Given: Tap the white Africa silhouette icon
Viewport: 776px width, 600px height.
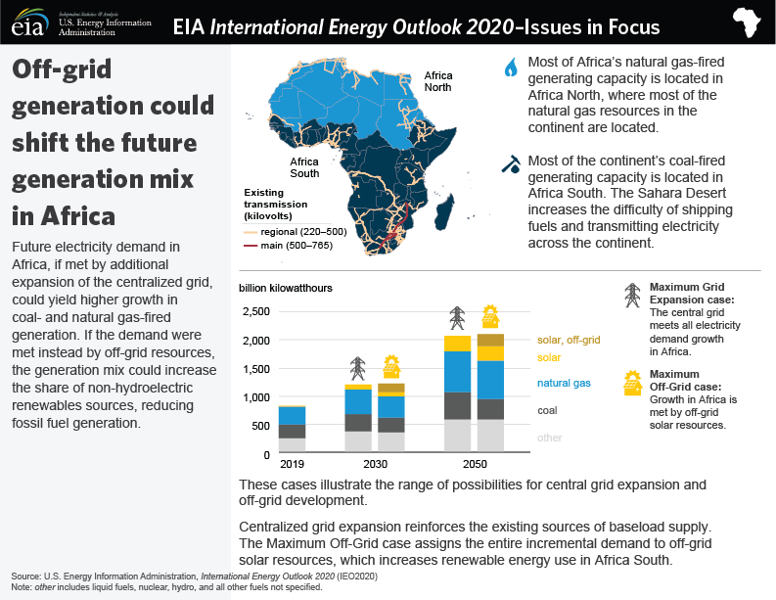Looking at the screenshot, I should point(749,23).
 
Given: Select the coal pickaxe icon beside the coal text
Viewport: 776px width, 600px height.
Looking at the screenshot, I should point(510,165).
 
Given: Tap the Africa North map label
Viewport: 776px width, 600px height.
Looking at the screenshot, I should point(439,81).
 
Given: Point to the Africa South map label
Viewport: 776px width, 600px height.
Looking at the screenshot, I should point(304,168).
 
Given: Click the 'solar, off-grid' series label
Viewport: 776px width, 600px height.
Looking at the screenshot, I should point(568,340).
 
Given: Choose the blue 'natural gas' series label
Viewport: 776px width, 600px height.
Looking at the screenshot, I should point(563,384).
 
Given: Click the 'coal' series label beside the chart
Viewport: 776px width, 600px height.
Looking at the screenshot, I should point(547,411).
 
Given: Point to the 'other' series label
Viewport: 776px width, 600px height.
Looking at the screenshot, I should point(550,438).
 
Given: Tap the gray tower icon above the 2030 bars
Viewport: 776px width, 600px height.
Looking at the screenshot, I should point(359,368).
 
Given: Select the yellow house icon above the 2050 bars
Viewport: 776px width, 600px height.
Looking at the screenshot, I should point(491,316).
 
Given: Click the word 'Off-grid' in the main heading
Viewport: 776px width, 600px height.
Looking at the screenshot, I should point(61,70).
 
